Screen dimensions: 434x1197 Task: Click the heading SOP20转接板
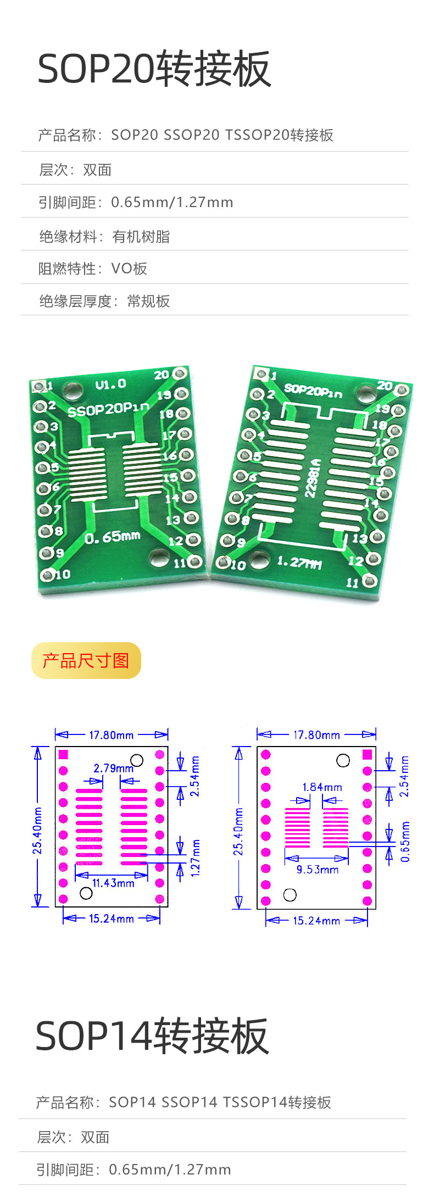[154, 69]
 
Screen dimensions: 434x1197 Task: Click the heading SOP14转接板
[152, 1035]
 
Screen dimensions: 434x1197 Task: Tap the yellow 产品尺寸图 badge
[86, 660]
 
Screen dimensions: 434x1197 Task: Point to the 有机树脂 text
[141, 236]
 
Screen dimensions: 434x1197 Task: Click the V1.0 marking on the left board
[111, 384]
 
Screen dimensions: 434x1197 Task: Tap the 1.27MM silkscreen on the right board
[299, 562]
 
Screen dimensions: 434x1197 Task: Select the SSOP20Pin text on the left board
[108, 409]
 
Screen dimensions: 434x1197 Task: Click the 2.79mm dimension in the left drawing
[113, 768]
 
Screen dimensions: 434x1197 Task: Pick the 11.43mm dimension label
[113, 883]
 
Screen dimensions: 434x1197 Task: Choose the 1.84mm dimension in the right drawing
[322, 787]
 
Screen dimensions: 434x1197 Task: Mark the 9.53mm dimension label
[318, 870]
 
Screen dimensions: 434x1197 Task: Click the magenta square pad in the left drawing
[63, 754]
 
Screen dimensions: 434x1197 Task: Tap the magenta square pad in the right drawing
[368, 754]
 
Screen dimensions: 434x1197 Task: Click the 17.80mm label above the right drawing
[316, 735]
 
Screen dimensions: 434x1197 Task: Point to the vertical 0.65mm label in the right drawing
[405, 842]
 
